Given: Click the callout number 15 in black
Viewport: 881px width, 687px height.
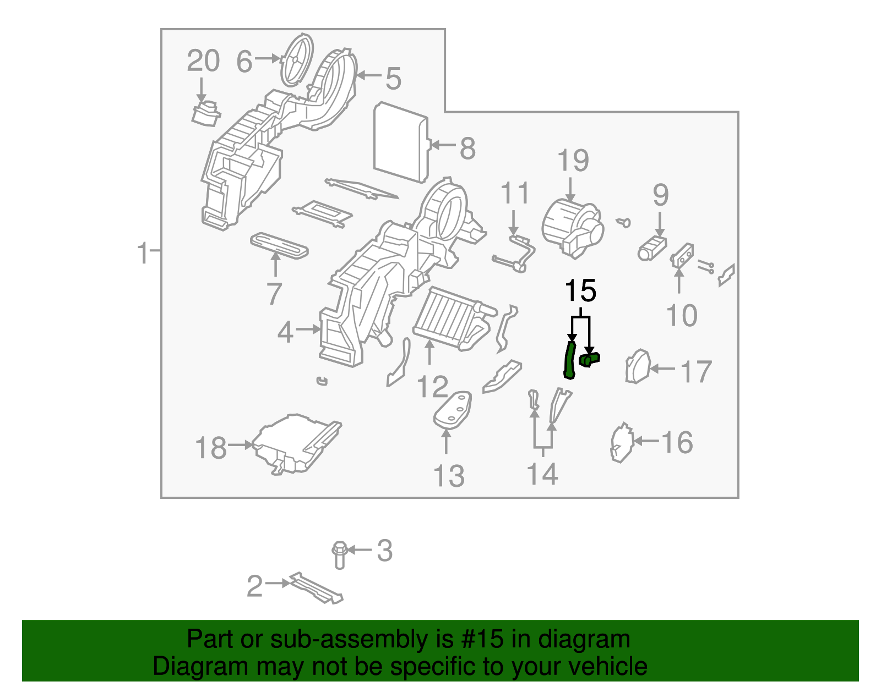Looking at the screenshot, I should [x=580, y=291].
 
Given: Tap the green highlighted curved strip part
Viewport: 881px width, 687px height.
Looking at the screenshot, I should [x=570, y=360].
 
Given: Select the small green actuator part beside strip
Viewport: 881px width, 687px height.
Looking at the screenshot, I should [x=589, y=360].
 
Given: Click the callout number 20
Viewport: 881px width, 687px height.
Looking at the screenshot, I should [x=203, y=61].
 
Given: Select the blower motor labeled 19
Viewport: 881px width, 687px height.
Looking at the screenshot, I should [x=572, y=227].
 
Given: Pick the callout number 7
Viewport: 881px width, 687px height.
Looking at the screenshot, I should [x=274, y=294].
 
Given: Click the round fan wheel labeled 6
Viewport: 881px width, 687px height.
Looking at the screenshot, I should [x=297, y=59].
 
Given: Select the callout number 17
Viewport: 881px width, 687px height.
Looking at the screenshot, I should [x=697, y=372].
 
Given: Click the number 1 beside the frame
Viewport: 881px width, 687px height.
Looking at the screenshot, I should [x=143, y=253].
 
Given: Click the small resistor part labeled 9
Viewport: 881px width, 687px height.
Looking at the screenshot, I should [x=652, y=248].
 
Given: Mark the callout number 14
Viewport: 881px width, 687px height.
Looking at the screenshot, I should [x=542, y=474].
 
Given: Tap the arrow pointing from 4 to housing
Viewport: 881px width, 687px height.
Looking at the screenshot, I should [x=308, y=330].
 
